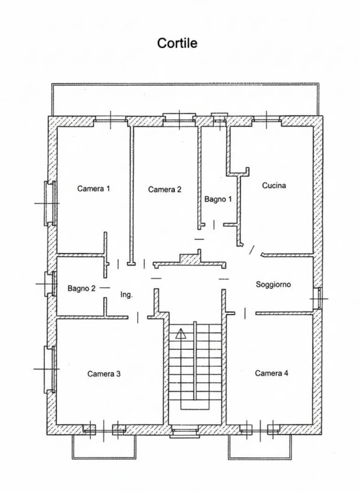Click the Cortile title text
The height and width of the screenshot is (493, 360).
coord(177,43)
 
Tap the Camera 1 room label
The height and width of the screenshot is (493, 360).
coord(94,189)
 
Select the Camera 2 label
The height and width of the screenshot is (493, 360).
coord(164,189)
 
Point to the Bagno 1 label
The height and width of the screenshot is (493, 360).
coord(218,199)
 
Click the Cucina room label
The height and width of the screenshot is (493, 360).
coord(274,185)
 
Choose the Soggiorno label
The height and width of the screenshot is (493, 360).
coord(273,285)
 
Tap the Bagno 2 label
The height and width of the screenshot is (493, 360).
coord(81,288)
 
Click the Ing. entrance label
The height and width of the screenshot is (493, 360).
coord(126,295)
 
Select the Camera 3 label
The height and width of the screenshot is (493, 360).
coord(104,374)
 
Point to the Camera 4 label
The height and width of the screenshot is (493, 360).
coord(272,373)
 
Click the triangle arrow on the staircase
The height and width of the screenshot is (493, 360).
coord(180,333)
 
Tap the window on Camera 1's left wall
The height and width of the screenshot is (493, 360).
coord(50,203)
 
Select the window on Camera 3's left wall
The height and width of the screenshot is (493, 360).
coord(50,369)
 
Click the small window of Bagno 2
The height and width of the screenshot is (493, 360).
coord(51,284)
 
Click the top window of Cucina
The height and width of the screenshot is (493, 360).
coord(266,119)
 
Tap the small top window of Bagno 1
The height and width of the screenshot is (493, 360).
coord(219,118)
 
